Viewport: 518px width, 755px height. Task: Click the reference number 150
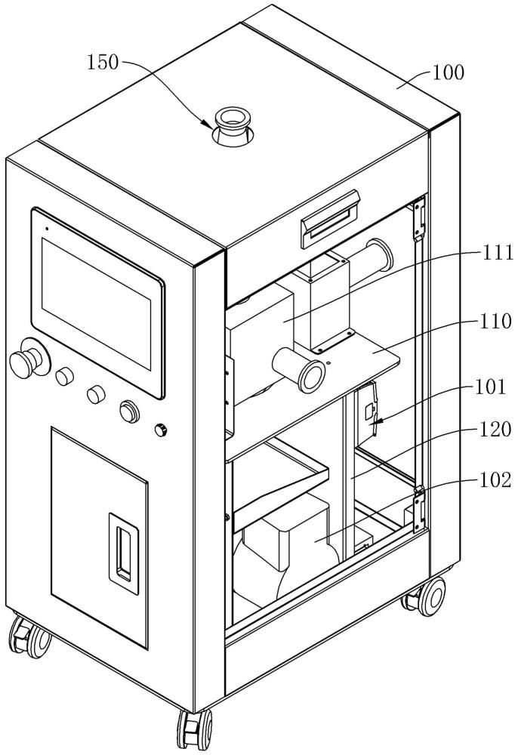103,62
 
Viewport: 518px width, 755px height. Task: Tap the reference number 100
448,72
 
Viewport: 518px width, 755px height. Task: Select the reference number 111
497,252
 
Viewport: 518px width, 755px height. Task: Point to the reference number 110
495,321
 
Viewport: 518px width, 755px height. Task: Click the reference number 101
491,387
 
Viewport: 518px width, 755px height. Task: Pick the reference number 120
494,429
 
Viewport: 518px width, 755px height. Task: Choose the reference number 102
495,480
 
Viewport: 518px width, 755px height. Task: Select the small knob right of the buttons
161,429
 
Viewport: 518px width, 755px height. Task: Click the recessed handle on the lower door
124,547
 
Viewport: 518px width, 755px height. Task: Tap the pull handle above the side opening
330,219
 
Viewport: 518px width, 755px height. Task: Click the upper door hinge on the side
420,219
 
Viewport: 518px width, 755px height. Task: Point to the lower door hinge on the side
419,510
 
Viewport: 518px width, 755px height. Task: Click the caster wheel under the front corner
195,729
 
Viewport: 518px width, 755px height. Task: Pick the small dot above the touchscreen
47,229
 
